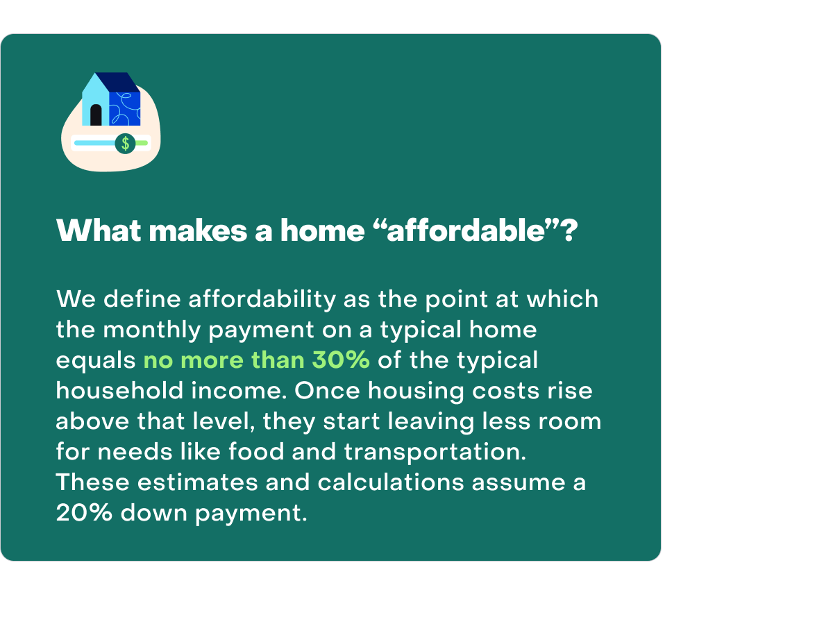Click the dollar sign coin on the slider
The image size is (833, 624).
[x=125, y=144]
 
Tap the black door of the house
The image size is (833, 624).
[x=96, y=115]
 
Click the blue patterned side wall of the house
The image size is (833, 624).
[x=125, y=108]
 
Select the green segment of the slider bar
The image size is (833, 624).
[x=142, y=143]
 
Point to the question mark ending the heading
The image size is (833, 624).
[x=568, y=230]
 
